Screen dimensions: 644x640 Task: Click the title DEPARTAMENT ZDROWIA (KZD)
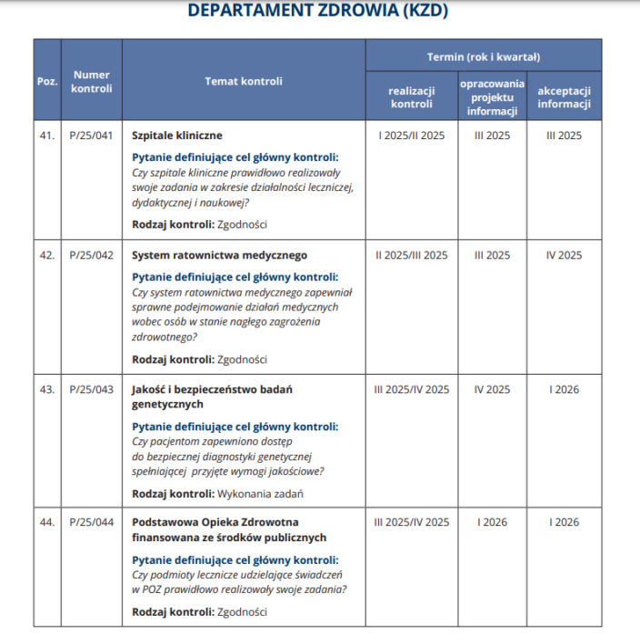tap(317, 12)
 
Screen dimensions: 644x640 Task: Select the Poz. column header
tap(47, 81)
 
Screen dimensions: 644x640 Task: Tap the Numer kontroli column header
tap(91, 81)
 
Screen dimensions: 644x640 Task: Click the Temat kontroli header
tap(244, 81)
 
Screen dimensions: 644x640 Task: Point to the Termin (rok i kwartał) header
tap(483, 56)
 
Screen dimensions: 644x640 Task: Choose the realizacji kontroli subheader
tap(411, 97)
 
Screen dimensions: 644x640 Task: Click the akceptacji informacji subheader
tap(564, 97)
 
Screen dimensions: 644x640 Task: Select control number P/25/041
tap(91, 136)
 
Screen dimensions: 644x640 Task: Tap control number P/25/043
tap(91, 389)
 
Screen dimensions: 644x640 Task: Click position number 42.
tap(47, 256)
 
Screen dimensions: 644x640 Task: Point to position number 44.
tap(47, 522)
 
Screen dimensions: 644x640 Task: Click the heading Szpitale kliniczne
tap(177, 136)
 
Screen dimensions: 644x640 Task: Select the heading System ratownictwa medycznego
tap(220, 256)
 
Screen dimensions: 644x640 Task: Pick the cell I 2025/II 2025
tap(411, 136)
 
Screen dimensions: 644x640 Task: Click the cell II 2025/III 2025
tap(411, 256)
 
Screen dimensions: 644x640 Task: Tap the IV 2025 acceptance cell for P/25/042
tap(564, 256)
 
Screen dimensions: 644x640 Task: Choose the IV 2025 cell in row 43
tap(492, 389)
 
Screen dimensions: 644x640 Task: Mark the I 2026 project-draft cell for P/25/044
tap(492, 522)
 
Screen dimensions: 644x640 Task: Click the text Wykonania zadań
tap(261, 494)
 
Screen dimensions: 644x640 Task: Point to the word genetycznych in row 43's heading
tap(167, 405)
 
